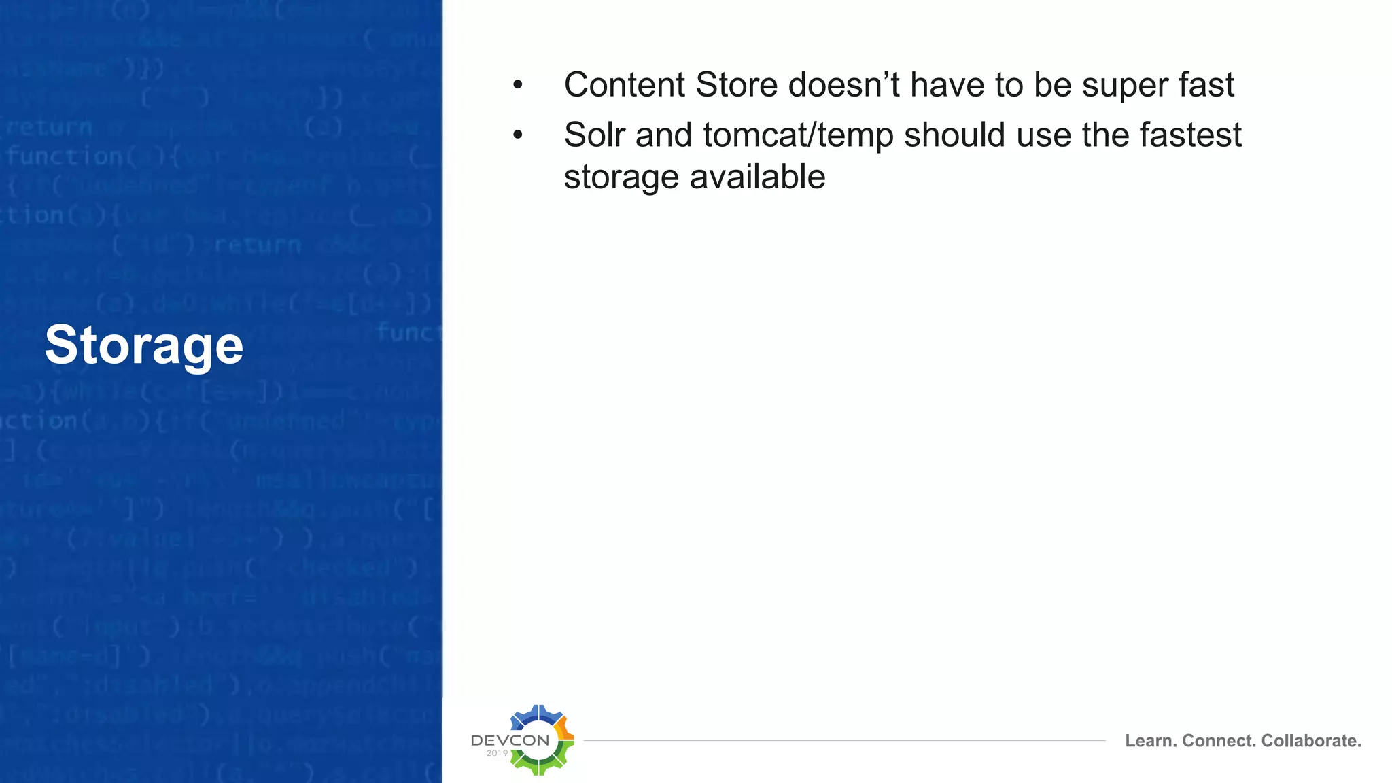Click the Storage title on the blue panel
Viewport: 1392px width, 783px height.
coord(143,345)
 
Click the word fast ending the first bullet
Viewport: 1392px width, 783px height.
coord(1206,86)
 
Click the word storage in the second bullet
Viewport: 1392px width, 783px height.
coord(621,178)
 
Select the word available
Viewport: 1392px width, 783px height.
coord(757,177)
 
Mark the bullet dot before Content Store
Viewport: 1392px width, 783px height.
coord(518,86)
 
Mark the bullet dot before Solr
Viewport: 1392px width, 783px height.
coord(518,135)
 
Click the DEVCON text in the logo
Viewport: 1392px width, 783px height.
coord(510,740)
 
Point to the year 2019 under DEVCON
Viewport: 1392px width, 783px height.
coord(497,753)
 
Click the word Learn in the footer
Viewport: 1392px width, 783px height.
coord(1151,741)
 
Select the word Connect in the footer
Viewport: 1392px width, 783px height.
coord(1219,741)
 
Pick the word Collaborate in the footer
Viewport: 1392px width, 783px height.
coord(1311,741)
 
